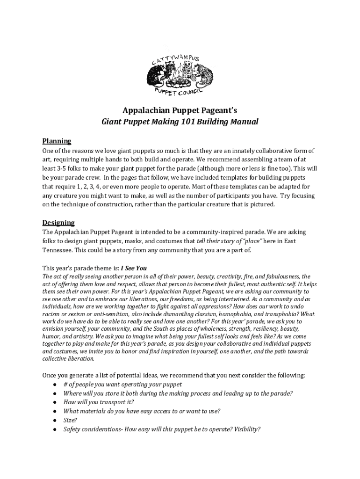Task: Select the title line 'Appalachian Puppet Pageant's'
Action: click(x=180, y=110)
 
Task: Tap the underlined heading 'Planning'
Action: click(x=57, y=141)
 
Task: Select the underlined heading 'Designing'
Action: click(x=58, y=222)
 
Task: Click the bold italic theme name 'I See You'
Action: click(x=134, y=268)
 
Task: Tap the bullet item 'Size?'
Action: click(x=70, y=420)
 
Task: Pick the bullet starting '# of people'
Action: click(x=122, y=384)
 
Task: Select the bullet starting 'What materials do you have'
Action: click(x=142, y=411)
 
